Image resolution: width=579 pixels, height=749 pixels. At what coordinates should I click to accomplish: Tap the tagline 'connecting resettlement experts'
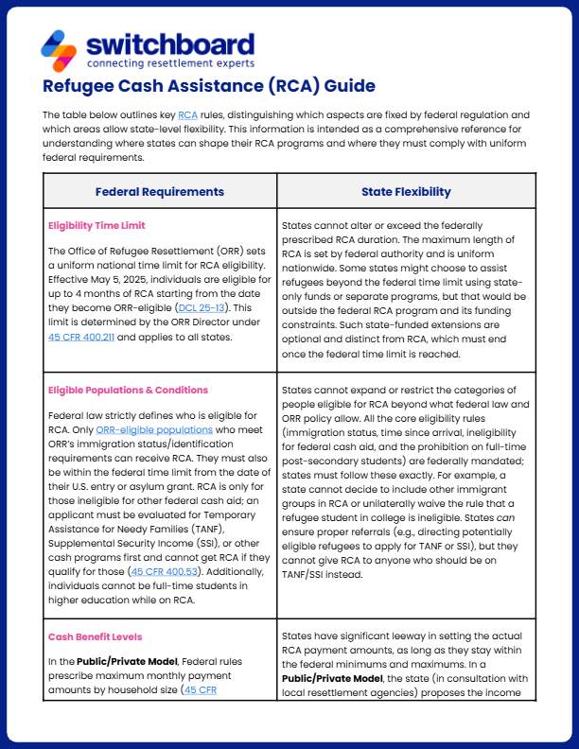point(169,63)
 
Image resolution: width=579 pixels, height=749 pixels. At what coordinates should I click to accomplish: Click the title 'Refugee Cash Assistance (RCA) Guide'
point(209,88)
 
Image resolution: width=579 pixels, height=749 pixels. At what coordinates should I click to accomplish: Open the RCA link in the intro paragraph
point(187,114)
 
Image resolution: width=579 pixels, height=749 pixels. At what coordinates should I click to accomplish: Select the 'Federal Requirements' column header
point(160,192)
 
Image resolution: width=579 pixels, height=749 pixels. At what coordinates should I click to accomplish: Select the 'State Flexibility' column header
point(406,192)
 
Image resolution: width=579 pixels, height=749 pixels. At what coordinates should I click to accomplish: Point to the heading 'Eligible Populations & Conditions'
point(128,390)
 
